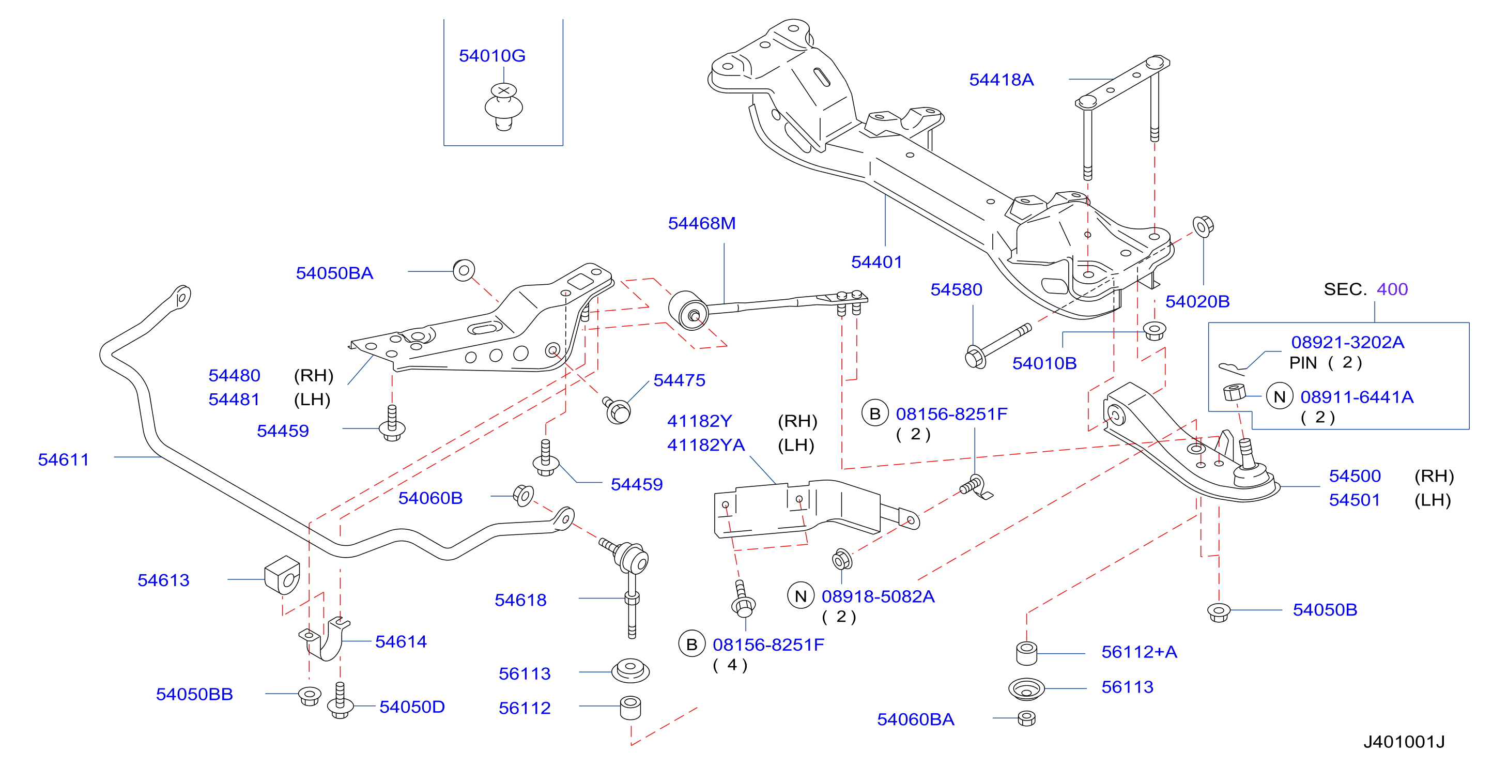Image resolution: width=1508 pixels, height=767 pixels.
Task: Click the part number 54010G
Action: pos(492,56)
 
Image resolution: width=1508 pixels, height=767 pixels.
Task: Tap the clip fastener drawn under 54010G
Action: pos(503,106)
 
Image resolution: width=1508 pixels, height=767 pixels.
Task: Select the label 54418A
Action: pos(1001,80)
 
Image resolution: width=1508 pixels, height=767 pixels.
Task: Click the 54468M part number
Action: pos(701,223)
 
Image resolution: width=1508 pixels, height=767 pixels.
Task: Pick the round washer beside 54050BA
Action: pos(464,270)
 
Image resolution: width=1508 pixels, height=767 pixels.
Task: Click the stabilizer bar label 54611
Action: pos(63,459)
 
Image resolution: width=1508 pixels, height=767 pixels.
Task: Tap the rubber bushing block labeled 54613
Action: pos(282,575)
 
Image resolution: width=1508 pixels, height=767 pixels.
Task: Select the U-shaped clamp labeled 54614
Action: pos(326,639)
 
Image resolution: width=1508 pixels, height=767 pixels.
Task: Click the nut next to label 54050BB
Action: pos(309,696)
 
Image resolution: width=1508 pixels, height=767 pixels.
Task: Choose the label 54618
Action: pos(520,600)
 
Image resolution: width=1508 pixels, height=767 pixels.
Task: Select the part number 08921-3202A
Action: pos(1348,342)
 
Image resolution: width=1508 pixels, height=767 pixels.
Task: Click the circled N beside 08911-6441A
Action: pos(1279,397)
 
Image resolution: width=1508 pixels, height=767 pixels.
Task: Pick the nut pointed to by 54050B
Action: pos(1218,612)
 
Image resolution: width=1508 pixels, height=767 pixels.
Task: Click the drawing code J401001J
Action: pos(1404,742)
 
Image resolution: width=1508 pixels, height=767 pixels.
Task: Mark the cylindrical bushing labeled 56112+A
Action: pos(1026,653)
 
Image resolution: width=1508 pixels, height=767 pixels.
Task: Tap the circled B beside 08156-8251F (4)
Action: pos(691,644)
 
